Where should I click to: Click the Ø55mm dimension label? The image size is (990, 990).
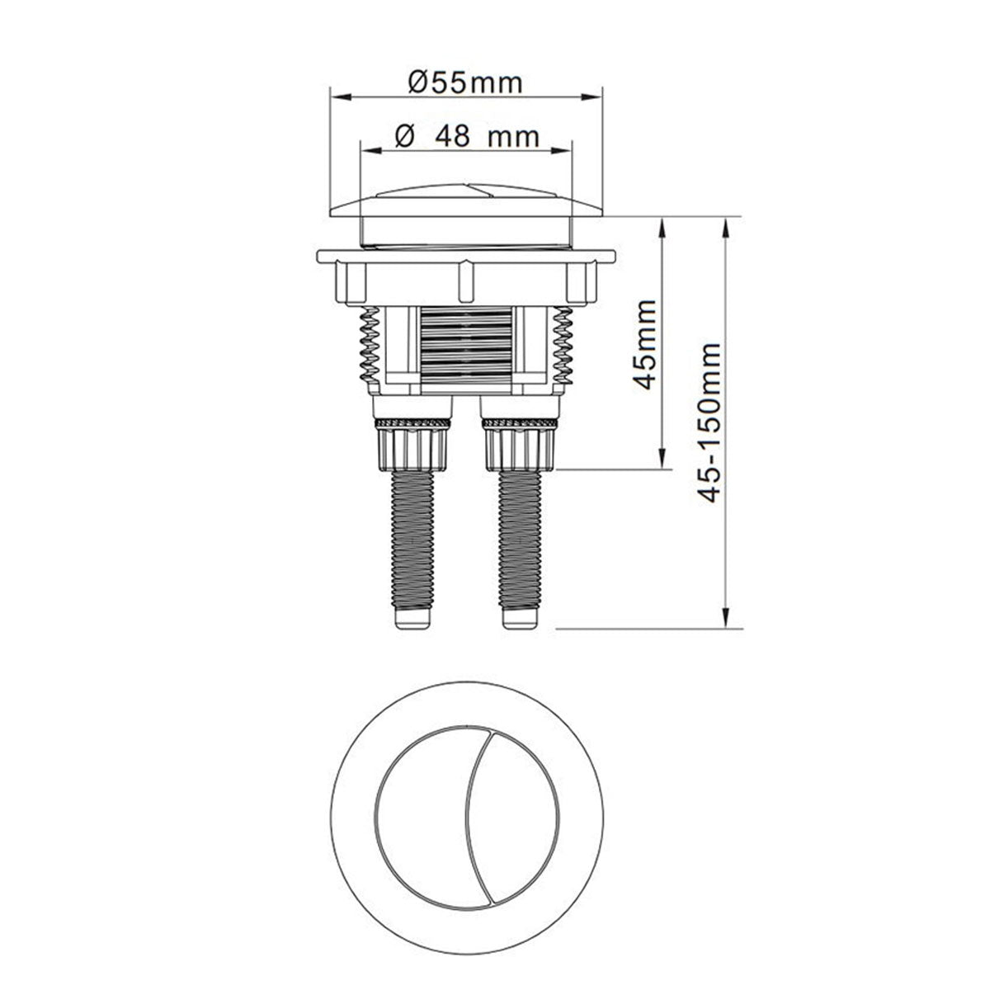[466, 82]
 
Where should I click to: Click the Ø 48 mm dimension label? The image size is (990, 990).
[467, 135]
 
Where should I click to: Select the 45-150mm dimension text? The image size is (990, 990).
[709, 421]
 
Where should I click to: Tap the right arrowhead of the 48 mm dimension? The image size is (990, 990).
[565, 150]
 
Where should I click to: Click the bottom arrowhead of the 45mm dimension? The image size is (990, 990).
[662, 462]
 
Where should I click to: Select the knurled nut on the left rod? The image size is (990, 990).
[412, 445]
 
